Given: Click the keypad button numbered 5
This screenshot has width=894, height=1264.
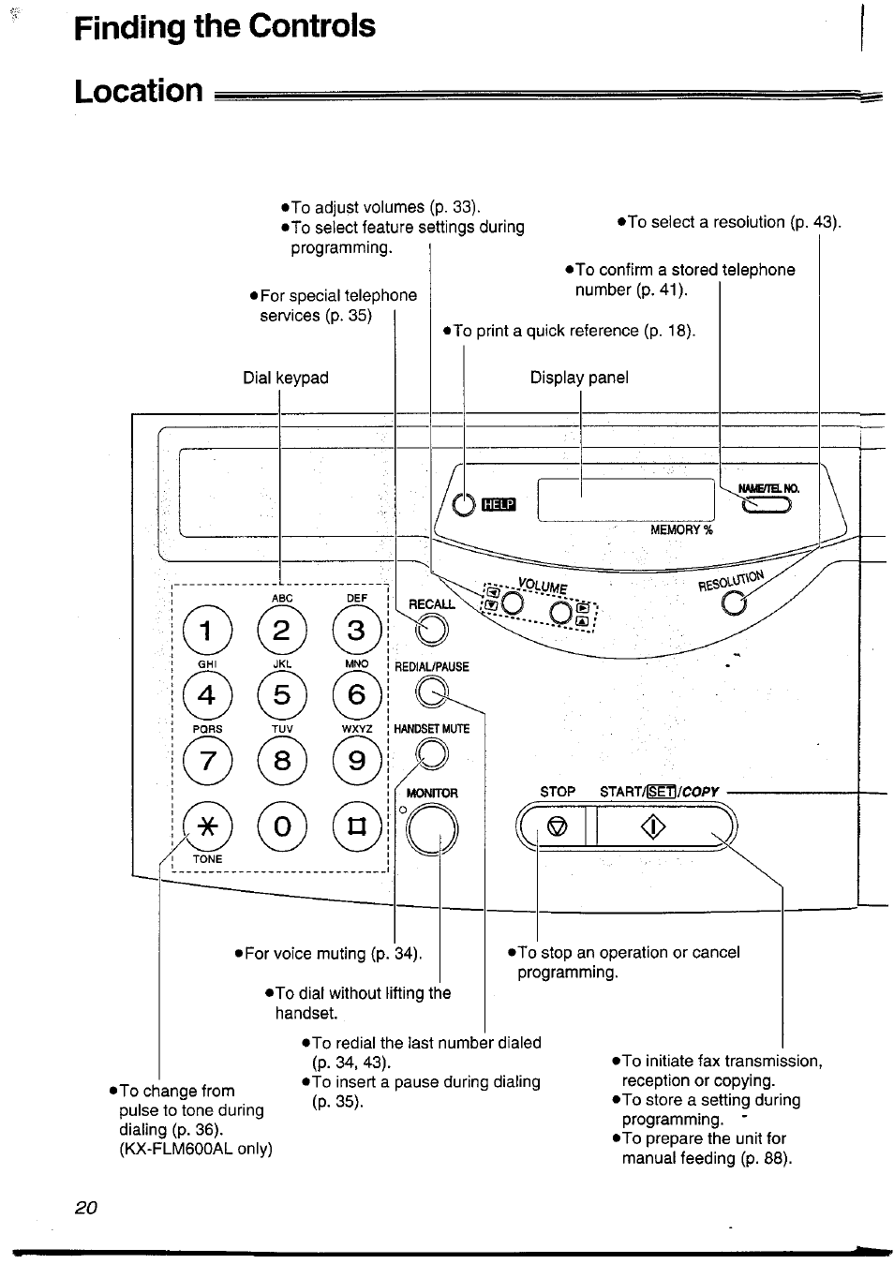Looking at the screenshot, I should tap(282, 694).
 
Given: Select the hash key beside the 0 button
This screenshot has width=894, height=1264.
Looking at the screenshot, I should tap(356, 825).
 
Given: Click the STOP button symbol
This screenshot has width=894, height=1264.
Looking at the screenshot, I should tap(558, 826).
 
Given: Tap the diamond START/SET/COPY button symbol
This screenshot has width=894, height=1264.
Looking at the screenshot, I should tap(653, 826).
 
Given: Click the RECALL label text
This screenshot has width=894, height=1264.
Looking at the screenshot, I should tap(432, 604).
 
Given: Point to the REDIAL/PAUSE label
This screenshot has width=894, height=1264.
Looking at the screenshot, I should tap(432, 666).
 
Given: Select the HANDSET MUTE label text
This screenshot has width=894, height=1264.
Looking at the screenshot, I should tap(432, 728).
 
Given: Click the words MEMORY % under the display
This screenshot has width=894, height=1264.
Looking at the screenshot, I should tap(682, 529).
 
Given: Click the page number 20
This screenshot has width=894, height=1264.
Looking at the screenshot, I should tap(85, 1207).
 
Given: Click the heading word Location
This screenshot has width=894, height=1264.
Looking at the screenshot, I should tap(139, 91).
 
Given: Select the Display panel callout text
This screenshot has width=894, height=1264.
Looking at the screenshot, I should tap(579, 378).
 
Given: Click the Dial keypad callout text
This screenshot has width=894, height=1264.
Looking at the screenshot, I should tap(286, 378).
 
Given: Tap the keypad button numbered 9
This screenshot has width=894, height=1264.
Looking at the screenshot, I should tap(356, 760).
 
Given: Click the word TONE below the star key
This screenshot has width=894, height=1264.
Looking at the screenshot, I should tap(208, 858).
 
